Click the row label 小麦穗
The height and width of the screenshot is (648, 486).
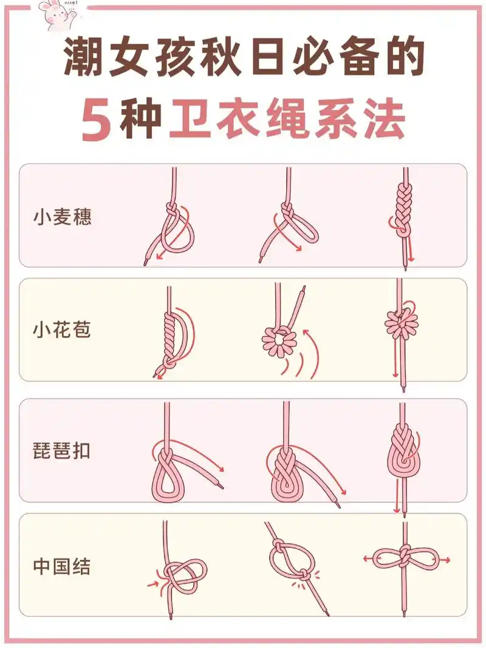coord(62,217)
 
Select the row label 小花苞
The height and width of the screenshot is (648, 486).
coord(62,330)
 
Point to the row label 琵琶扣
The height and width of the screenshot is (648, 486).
coord(62,451)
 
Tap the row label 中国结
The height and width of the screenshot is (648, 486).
coord(62,566)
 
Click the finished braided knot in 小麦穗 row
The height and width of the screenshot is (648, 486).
coord(403,210)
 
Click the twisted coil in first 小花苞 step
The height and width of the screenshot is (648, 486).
coord(170,332)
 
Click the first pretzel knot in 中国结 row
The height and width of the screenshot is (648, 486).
coord(179,575)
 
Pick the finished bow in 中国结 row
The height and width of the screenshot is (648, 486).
coord(405,559)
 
